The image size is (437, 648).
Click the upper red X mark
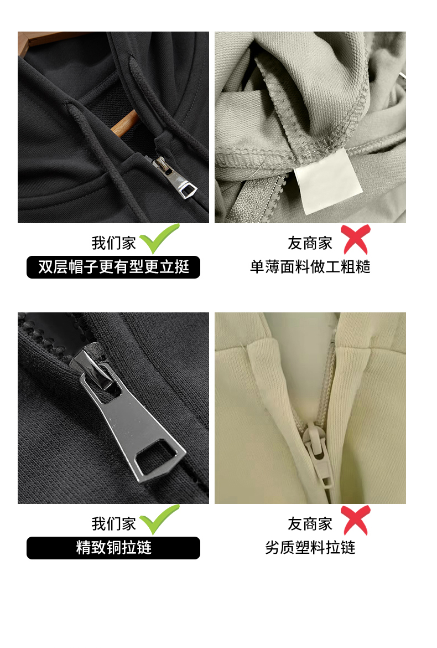coord(356,239)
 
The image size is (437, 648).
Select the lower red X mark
coord(356,520)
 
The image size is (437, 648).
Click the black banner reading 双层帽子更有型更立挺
coord(113,267)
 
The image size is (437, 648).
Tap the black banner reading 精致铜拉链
coord(113,548)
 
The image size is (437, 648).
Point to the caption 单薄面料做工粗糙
coord(310,267)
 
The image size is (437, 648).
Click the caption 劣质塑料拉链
coord(310,548)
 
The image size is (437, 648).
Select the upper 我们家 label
coord(113,243)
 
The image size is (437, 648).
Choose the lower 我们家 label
coord(113,524)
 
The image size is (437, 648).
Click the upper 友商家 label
coord(310,243)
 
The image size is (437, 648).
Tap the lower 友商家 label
coord(310,524)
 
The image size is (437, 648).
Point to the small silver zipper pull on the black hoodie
coord(175,178)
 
